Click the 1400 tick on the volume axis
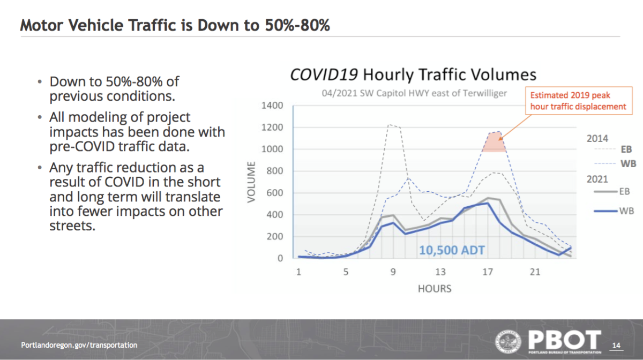tap(272, 106)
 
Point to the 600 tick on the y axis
tap(275, 193)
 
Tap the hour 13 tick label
tap(440, 272)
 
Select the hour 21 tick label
tap(535, 272)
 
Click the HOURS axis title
tap(435, 289)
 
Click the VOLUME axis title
tap(251, 182)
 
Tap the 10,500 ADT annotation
tap(452, 250)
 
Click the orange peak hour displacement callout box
tap(579, 101)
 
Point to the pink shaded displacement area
tap(494, 142)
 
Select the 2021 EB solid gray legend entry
tap(611, 191)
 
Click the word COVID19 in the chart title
tap(324, 74)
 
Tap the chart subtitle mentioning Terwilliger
tap(414, 93)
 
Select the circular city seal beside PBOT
tap(509, 341)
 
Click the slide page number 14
tap(616, 346)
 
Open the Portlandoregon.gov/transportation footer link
tap(79, 345)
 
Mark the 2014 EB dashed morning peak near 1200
tap(389, 125)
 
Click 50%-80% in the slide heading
tap(297, 25)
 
